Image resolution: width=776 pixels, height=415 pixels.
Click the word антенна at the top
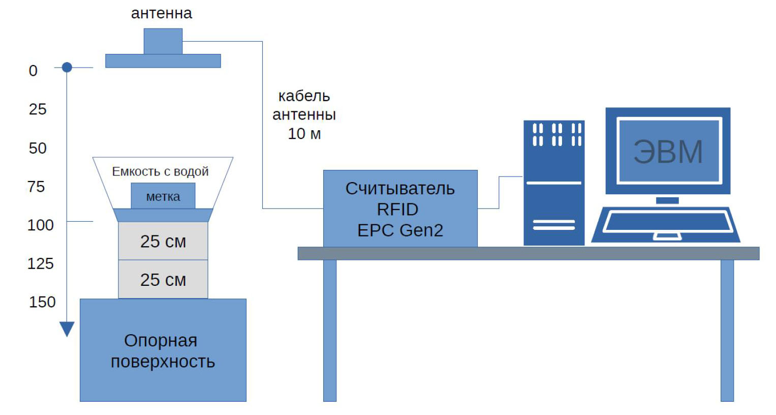click(x=162, y=13)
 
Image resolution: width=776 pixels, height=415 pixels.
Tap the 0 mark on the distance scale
click(x=33, y=71)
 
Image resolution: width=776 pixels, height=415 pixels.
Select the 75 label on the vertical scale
click(x=37, y=187)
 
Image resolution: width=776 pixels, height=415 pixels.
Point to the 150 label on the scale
click(x=42, y=302)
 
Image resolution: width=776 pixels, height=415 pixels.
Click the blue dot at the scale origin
click(x=67, y=67)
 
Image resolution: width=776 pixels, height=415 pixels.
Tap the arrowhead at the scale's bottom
click(x=67, y=329)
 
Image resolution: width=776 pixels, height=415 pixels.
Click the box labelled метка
click(x=163, y=196)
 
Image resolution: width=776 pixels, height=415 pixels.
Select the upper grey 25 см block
click(x=163, y=241)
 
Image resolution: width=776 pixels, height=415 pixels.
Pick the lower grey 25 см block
click(x=163, y=279)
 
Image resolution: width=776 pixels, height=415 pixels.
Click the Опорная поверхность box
click(x=163, y=350)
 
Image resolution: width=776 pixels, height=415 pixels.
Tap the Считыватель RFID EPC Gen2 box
click(x=400, y=209)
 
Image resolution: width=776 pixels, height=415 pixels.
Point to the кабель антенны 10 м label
click(x=304, y=115)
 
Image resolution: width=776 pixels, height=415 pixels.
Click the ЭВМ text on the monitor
click(x=668, y=152)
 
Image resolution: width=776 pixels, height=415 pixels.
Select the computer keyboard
click(x=666, y=224)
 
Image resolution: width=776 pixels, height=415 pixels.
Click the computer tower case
click(x=554, y=183)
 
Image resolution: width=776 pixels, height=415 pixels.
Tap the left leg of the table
click(x=330, y=331)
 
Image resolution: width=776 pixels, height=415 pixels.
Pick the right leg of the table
click(x=727, y=331)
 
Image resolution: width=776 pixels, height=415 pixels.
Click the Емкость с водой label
click(x=161, y=172)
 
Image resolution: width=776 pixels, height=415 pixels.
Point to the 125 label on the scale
click(x=41, y=263)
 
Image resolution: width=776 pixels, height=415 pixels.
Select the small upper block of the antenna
click(x=163, y=41)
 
